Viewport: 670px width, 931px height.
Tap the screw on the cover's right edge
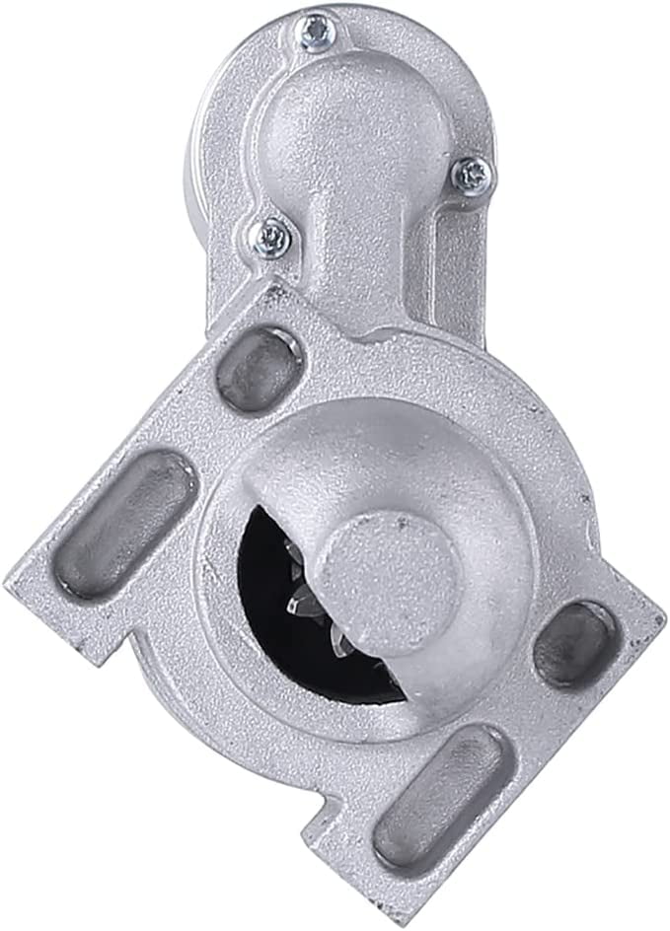(x=474, y=175)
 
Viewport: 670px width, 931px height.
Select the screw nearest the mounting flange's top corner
(x=267, y=235)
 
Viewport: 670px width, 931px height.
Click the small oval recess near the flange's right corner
(x=572, y=639)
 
